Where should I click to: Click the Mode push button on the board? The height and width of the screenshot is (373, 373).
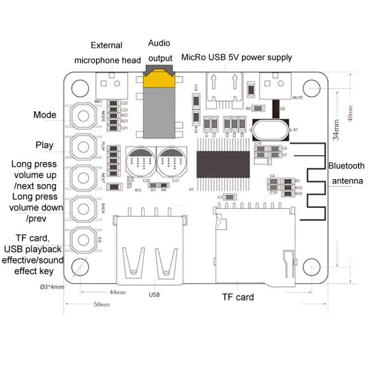[83, 116]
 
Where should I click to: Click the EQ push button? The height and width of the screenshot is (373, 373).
[83, 239]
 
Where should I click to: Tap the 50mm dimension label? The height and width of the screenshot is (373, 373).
[101, 304]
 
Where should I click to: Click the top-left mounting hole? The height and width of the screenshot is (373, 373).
[80, 88]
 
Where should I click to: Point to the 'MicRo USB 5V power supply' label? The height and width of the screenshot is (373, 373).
[236, 57]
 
